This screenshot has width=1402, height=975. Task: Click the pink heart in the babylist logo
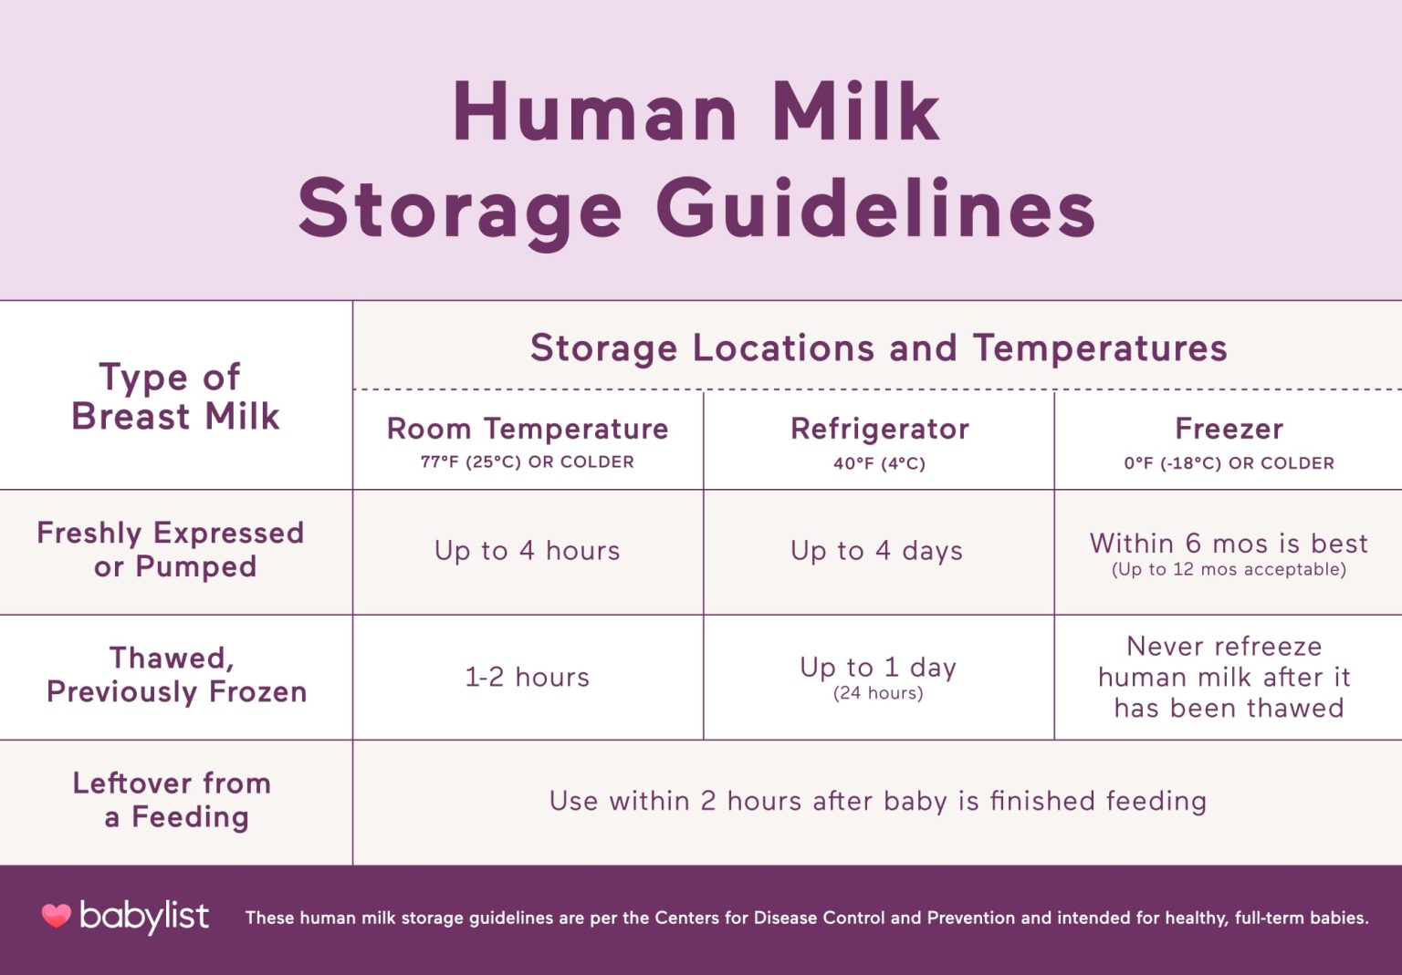point(57,916)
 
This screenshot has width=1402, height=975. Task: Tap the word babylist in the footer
point(144,916)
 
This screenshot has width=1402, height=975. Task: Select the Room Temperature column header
point(528,429)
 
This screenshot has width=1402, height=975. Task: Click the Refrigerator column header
point(879,429)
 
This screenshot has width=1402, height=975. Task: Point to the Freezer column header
point(1229,429)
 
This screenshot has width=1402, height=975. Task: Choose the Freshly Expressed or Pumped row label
point(171,549)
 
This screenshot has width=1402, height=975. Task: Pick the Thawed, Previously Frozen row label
point(176,675)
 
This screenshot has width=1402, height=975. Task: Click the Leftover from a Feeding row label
point(173,800)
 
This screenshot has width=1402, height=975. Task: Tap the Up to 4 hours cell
point(528,551)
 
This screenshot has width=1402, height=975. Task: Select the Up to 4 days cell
point(877,551)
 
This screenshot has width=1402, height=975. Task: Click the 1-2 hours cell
point(528,677)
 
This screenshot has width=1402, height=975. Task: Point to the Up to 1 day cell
point(878,669)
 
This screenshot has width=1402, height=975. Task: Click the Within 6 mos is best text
point(1229,544)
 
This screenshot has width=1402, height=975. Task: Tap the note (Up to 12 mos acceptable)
point(1229,570)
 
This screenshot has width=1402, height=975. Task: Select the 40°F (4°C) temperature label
point(879,463)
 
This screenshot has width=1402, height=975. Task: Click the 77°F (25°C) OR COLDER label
point(528,462)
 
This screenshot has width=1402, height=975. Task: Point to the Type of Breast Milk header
point(174,397)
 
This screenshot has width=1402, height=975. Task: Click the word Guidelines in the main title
point(875,210)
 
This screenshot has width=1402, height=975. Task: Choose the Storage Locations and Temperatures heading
point(878,348)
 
